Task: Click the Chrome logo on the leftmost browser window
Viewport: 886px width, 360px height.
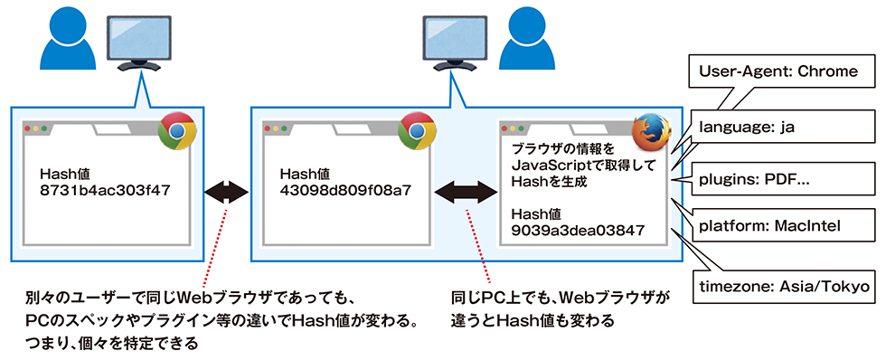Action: pos(177,132)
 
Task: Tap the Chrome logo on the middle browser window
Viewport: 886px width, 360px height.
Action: pos(417,132)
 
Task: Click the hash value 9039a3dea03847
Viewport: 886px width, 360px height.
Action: pos(579,231)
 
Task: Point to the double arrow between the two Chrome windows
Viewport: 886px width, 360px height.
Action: pos(226,192)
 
